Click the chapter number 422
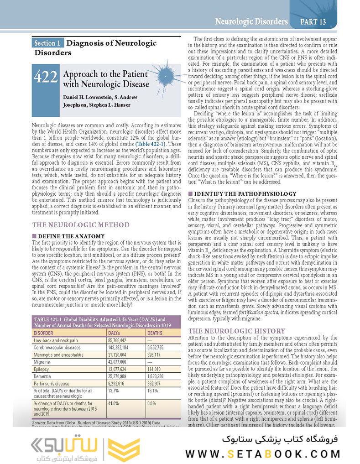coord(46,77)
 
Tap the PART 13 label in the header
coord(313,21)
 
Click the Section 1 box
coord(47,43)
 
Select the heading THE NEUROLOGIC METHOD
coord(81,225)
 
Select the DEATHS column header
coord(156,333)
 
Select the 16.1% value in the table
coord(152,391)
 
